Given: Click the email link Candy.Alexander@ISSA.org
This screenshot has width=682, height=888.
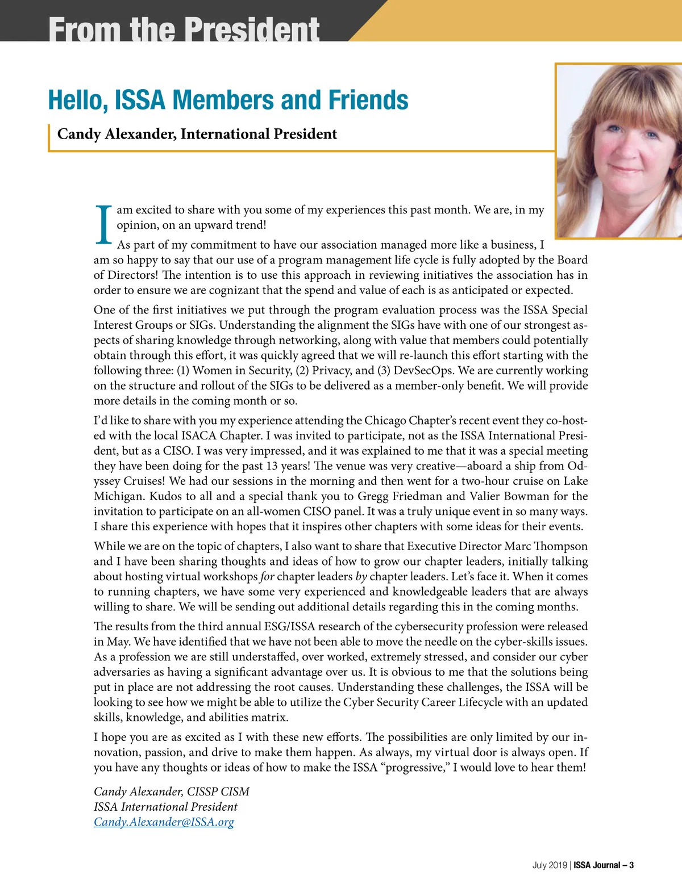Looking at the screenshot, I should tap(164, 822).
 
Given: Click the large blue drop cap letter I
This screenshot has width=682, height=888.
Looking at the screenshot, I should tap(103, 225).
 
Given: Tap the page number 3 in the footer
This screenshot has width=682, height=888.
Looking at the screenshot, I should tap(631, 865).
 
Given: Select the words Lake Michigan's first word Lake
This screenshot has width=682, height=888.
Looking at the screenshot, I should tap(575, 481).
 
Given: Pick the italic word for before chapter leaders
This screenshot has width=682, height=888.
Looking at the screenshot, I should tap(267, 577).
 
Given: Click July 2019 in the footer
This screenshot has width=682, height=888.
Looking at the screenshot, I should tap(550, 865).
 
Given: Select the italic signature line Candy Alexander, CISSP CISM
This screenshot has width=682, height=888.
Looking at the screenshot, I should tap(172, 791).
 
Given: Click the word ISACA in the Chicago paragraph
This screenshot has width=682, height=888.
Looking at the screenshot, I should tap(199, 436).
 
